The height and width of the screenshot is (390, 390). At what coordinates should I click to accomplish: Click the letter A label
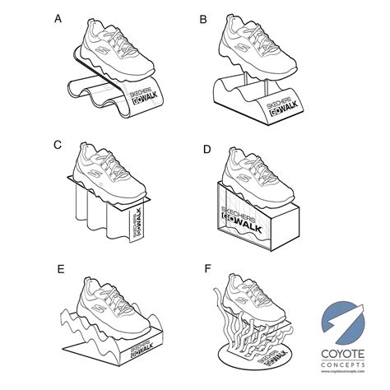(58, 17)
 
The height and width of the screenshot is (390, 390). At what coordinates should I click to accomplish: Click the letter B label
(202, 17)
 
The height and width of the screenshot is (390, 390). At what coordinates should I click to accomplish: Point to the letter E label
(58, 268)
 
